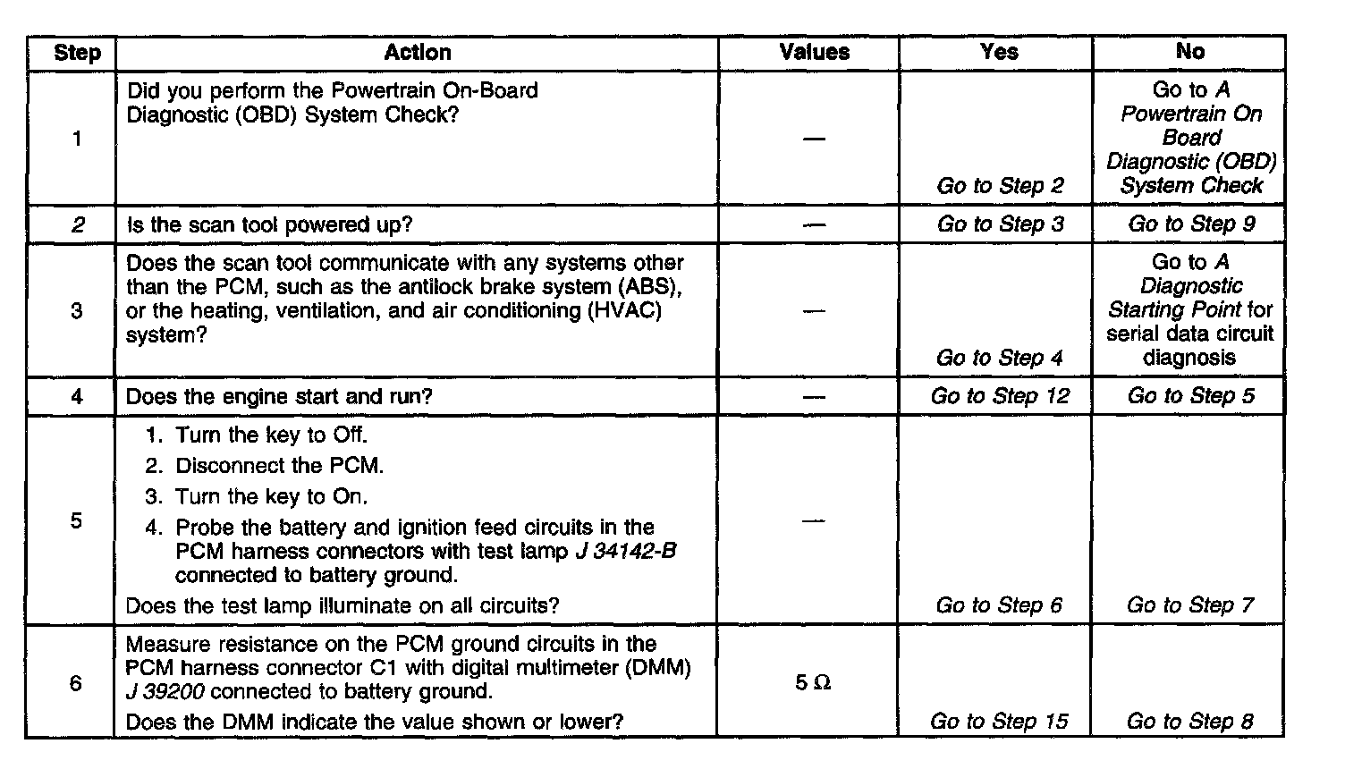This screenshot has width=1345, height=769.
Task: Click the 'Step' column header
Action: pyautogui.click(x=77, y=53)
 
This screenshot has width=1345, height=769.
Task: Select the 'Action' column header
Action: pyautogui.click(x=418, y=53)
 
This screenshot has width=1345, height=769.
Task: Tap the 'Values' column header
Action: pyautogui.click(x=814, y=52)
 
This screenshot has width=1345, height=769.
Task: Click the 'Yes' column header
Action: pyautogui.click(x=999, y=52)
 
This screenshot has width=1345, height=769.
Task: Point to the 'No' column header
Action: pyautogui.click(x=1189, y=52)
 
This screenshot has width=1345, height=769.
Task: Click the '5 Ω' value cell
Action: pyautogui.click(x=813, y=683)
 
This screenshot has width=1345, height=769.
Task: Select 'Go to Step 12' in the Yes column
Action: pyautogui.click(x=1000, y=396)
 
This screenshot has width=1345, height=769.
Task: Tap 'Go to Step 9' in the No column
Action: pyautogui.click(x=1191, y=224)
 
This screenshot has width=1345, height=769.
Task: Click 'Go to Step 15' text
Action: pyautogui.click(x=999, y=721)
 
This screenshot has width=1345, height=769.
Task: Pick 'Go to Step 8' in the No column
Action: pyautogui.click(x=1189, y=721)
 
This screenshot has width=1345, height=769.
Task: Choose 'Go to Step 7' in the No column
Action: pyautogui.click(x=1189, y=605)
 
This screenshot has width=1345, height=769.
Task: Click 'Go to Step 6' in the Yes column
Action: pyautogui.click(x=999, y=605)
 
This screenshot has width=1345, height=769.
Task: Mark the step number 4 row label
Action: pyautogui.click(x=77, y=396)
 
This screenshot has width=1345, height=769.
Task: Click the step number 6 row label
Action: pyautogui.click(x=76, y=683)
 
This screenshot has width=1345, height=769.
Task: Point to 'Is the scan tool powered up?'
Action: pyautogui.click(x=269, y=224)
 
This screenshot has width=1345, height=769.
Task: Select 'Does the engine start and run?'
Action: pyautogui.click(x=279, y=396)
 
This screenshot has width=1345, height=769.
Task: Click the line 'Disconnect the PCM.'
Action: pyautogui.click(x=279, y=466)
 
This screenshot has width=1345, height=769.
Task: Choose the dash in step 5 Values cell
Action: pyautogui.click(x=813, y=520)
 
